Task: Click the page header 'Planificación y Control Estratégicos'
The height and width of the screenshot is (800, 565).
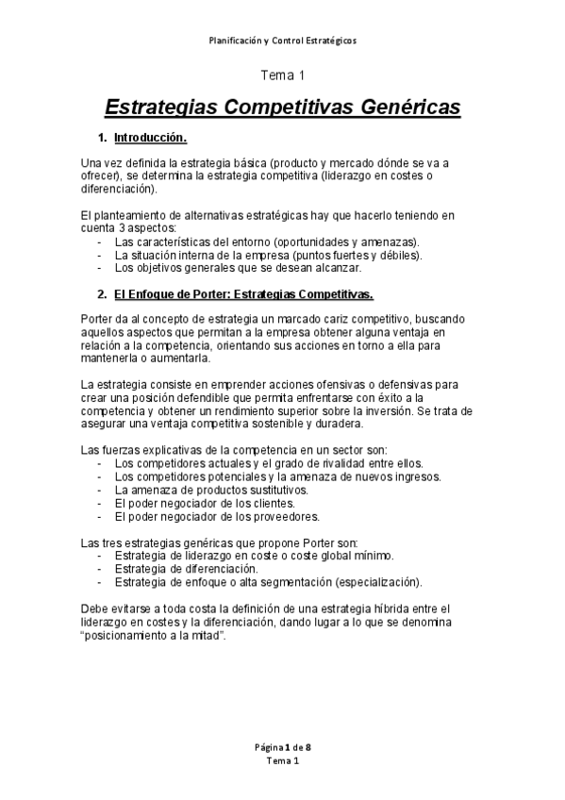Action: tap(282, 41)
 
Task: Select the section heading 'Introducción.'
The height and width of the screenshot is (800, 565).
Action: tap(151, 139)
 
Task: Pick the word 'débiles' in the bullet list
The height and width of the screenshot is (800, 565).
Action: tap(400, 255)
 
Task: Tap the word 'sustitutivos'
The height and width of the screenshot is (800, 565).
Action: tap(274, 491)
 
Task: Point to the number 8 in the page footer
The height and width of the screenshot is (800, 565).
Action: tap(307, 746)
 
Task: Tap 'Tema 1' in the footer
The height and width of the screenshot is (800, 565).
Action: tap(282, 760)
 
